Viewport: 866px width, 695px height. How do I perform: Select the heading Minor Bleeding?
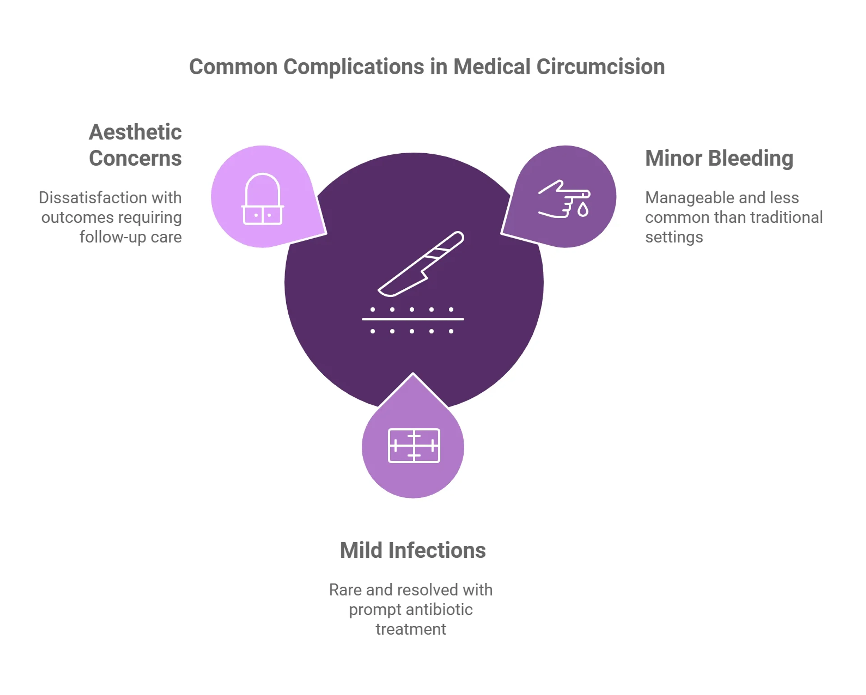tap(719, 158)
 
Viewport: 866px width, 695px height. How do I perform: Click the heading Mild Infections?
tap(412, 550)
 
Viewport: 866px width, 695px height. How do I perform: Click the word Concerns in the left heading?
tap(135, 158)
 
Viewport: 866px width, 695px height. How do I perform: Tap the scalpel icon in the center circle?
tap(421, 264)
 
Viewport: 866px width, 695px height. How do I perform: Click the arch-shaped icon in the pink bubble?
tap(262, 199)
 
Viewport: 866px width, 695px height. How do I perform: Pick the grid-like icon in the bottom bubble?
tap(414, 446)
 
